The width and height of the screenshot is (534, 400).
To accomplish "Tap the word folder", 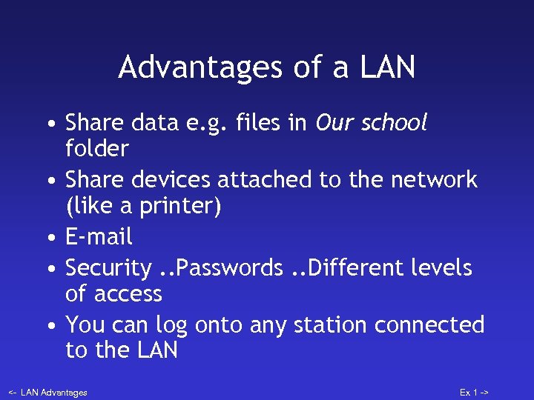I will click(97, 150).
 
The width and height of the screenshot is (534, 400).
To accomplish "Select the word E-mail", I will click(99, 237).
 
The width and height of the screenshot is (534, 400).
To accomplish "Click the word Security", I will click(108, 267).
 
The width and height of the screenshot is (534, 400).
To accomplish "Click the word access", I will click(128, 294).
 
